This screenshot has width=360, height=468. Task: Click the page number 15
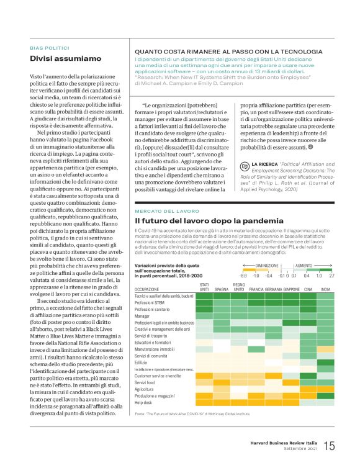click(329, 446)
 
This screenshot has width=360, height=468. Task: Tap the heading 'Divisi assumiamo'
click(66, 59)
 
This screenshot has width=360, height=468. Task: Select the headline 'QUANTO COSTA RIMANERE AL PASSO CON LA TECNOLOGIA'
click(228, 52)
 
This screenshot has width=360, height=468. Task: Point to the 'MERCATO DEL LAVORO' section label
click(163, 212)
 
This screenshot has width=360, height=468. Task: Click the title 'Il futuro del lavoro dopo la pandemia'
click(209, 221)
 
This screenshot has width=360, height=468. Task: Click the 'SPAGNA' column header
click(222, 289)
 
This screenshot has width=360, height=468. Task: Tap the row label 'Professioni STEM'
click(152, 302)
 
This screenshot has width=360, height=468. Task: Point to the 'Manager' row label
click(144, 316)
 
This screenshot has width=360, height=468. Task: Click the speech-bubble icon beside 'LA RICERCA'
click(245, 164)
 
